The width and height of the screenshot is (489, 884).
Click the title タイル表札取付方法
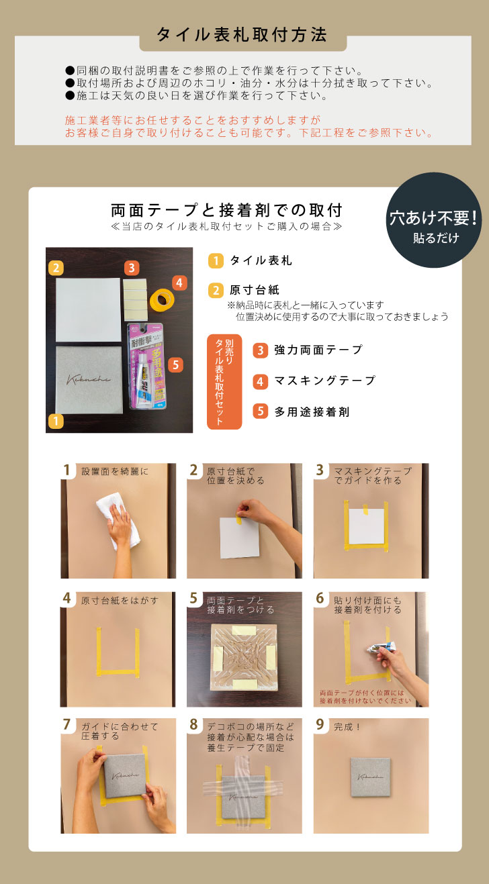point(242,36)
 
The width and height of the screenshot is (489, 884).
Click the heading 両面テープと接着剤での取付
point(227,209)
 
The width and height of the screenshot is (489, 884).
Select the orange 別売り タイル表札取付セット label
point(224,381)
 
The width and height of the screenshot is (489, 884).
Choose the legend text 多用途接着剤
point(312,411)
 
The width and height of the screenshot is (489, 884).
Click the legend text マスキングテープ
point(324,381)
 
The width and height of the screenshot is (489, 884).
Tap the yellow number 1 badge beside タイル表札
point(216,260)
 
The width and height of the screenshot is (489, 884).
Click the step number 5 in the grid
point(193,598)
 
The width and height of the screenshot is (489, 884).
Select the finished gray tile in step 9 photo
point(371,777)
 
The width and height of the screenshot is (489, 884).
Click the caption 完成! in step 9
point(348,726)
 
